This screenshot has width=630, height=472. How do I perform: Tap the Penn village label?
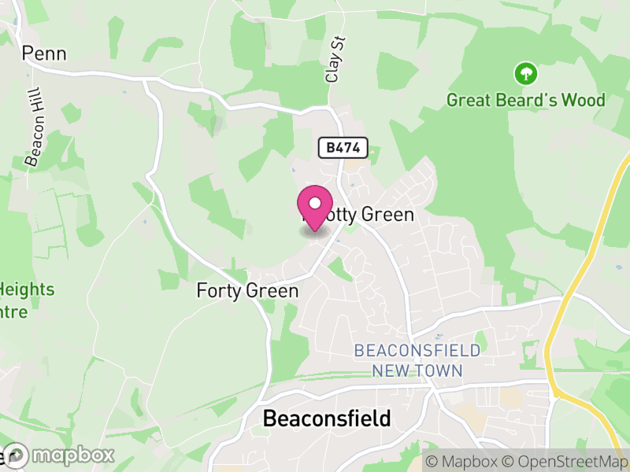pyautogui.click(x=44, y=53)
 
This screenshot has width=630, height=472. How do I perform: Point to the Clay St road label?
pyautogui.click(x=335, y=63)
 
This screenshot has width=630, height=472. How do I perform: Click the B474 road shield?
pyautogui.click(x=343, y=147)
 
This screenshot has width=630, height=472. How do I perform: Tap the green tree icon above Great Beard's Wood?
pyautogui.click(x=525, y=75)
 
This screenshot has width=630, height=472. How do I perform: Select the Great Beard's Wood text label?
pyautogui.click(x=525, y=100)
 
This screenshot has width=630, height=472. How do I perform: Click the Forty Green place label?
pyautogui.click(x=247, y=291)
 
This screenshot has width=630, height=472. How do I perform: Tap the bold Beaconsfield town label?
pyautogui.click(x=326, y=419)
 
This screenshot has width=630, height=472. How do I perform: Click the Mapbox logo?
pyautogui.click(x=60, y=455)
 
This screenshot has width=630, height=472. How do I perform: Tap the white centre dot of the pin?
pyautogui.click(x=315, y=204)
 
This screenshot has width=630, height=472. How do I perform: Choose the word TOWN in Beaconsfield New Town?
pyautogui.click(x=441, y=370)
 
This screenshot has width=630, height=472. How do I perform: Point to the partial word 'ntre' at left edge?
pyautogui.click(x=14, y=312)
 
